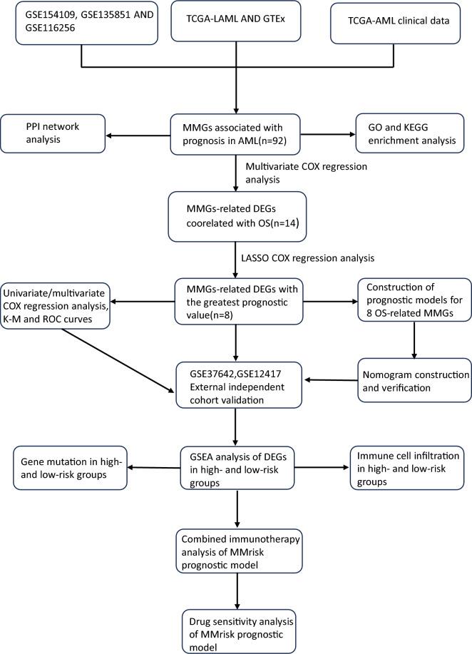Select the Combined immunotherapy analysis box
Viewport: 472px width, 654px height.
pyautogui.click(x=235, y=548)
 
